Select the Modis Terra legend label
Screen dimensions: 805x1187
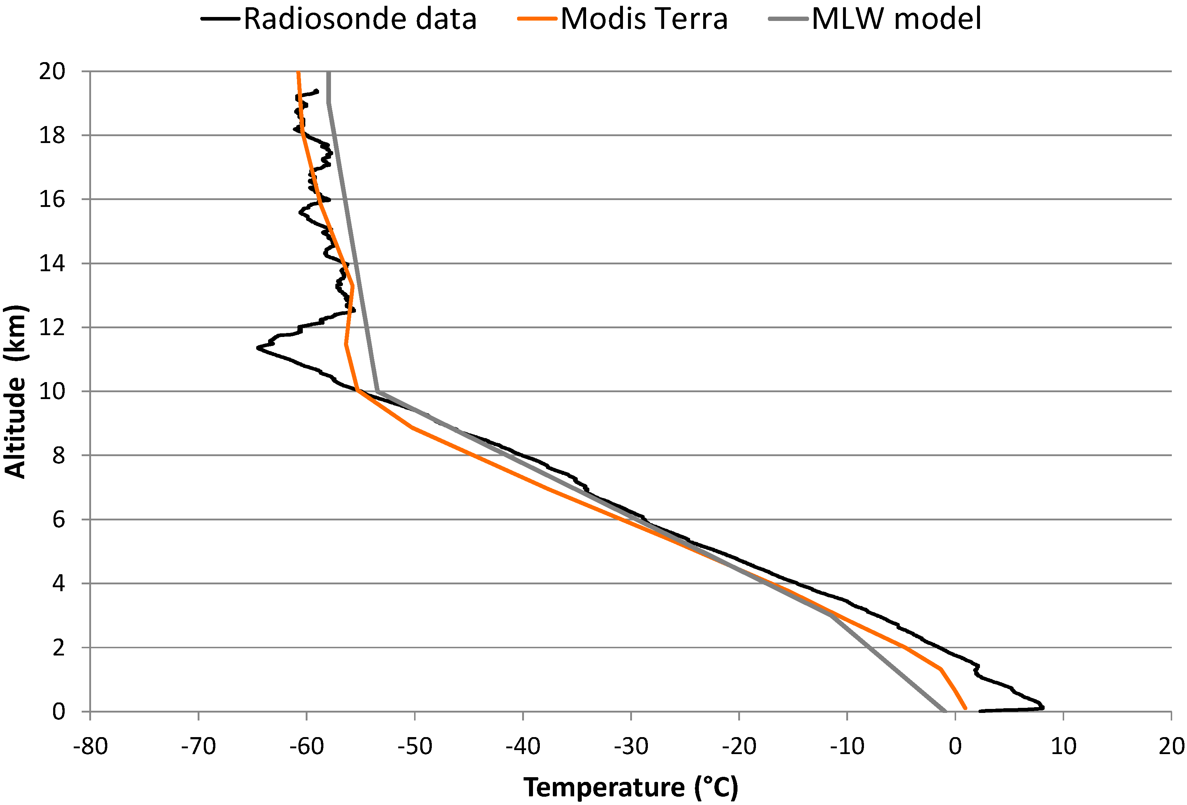644,20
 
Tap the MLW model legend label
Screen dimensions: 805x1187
896,20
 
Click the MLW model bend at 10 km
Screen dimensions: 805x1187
377,391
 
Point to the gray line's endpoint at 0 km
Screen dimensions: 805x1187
945,711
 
